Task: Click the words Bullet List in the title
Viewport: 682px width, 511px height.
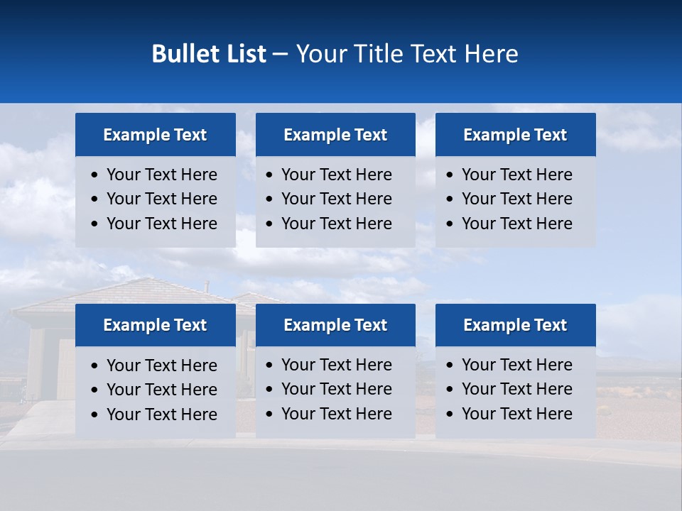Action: click(x=209, y=54)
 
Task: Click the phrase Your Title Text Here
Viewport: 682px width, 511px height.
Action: click(x=407, y=54)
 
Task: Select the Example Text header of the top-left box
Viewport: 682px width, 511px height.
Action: click(x=155, y=135)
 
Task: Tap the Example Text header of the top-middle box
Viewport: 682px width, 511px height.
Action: click(x=335, y=135)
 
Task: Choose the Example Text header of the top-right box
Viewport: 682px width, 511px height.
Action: click(x=515, y=135)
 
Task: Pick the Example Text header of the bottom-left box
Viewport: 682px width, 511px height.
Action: click(x=155, y=325)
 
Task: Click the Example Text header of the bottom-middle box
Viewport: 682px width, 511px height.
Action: click(x=335, y=325)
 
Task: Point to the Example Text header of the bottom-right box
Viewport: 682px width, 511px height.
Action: click(x=515, y=325)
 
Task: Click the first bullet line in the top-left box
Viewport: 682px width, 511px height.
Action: click(x=162, y=175)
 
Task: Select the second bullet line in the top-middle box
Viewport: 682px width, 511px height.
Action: click(x=337, y=199)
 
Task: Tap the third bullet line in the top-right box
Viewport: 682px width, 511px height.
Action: click(x=517, y=224)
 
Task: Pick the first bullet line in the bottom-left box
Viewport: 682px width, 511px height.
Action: click(x=162, y=366)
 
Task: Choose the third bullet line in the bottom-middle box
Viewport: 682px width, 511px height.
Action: click(x=337, y=414)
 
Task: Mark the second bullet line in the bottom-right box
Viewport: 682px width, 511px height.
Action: click(x=517, y=389)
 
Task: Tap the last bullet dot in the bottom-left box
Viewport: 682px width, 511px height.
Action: click(x=95, y=415)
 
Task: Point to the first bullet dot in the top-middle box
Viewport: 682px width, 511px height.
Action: click(x=270, y=175)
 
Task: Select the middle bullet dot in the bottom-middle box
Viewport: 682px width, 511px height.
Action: click(x=270, y=390)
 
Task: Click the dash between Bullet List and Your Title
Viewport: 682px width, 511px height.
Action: click(x=280, y=54)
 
